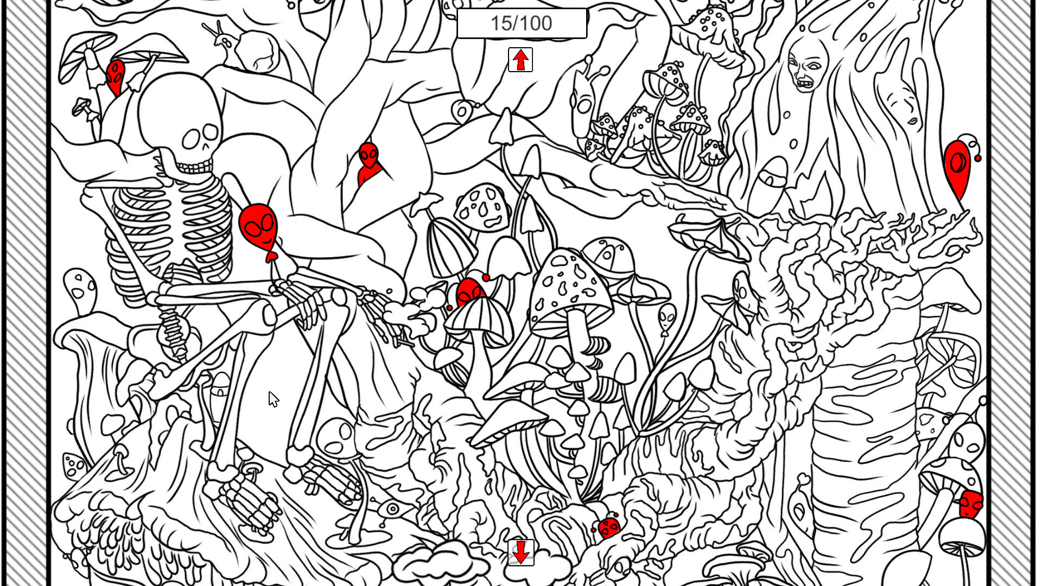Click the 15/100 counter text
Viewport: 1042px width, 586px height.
coord(521,23)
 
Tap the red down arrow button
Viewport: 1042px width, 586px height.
coord(521,552)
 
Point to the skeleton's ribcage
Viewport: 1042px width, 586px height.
coord(174,228)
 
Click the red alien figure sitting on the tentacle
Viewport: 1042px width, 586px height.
coord(368,163)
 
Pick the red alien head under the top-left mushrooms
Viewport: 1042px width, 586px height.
coord(115,76)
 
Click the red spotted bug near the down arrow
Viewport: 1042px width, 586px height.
coord(609,527)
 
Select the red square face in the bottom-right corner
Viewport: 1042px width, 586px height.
coord(970,505)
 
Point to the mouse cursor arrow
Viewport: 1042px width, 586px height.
coord(273,399)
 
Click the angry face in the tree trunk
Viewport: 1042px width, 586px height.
coord(807,65)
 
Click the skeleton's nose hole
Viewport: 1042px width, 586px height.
coord(205,147)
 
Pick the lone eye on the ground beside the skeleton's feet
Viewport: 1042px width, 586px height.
coord(392,509)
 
